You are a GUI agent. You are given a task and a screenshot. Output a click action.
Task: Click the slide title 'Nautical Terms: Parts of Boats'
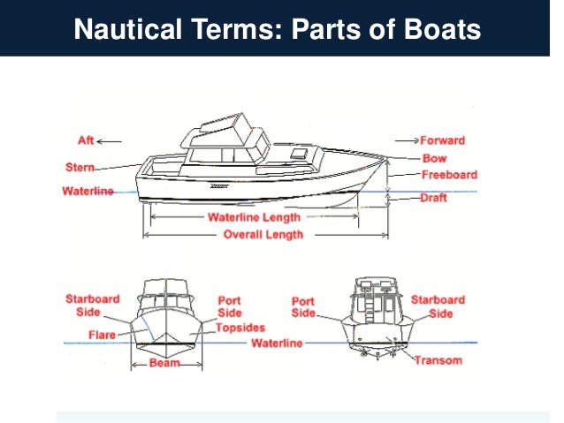(278, 29)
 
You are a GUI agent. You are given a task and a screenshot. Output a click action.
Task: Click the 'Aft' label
(87, 140)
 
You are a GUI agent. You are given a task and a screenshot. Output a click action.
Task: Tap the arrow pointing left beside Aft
(110, 140)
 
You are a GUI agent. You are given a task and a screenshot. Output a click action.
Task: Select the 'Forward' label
(442, 140)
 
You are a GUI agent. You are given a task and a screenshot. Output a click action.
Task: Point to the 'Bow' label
(434, 159)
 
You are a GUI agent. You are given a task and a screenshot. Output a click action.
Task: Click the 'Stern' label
(80, 167)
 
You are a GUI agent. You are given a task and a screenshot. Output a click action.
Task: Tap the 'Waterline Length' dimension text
(254, 217)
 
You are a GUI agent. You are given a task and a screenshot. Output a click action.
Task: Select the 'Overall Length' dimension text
(263, 235)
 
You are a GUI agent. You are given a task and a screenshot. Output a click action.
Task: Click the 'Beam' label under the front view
(164, 363)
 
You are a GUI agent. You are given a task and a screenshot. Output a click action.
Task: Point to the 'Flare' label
(102, 335)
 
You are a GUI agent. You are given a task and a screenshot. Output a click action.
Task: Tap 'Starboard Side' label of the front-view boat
(92, 306)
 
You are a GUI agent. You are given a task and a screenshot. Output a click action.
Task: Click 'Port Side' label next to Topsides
(230, 306)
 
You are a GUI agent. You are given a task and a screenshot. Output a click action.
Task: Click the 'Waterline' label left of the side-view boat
(88, 192)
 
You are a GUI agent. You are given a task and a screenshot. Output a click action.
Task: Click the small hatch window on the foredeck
(299, 154)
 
